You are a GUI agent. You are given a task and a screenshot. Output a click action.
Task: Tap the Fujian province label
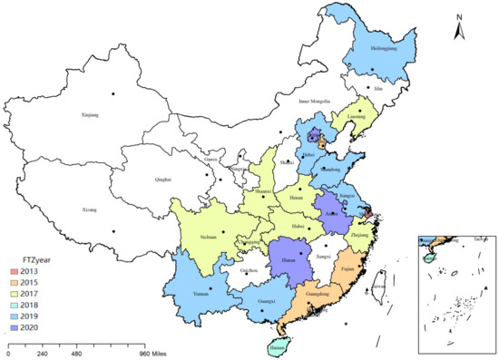pos(348,268)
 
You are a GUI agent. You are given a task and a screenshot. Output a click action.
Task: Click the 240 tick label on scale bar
pos(40,353)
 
